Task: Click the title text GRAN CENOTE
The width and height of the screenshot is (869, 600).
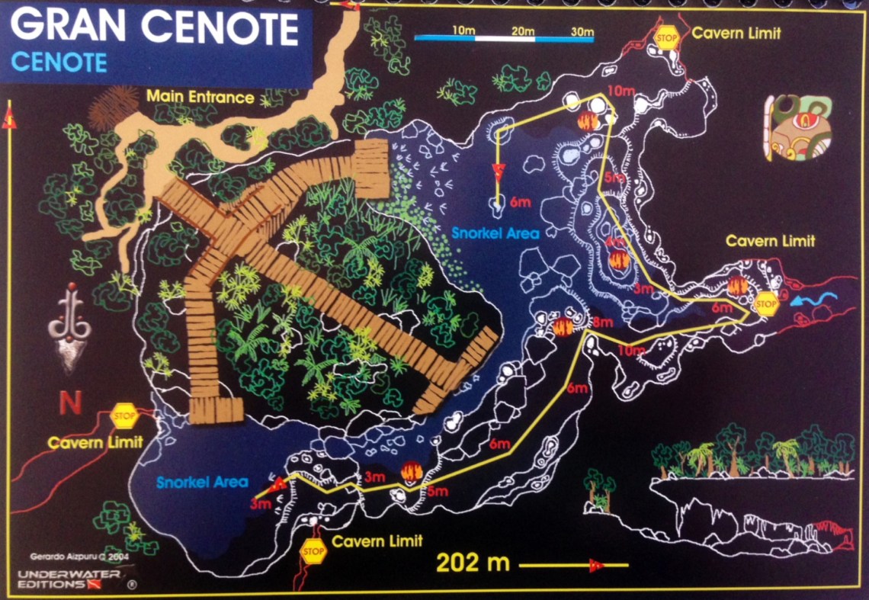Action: tap(154, 29)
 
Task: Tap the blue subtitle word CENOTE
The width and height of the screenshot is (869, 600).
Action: tap(59, 63)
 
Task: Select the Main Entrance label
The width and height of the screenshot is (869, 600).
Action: tap(200, 97)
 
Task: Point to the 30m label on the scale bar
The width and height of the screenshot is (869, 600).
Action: tap(582, 30)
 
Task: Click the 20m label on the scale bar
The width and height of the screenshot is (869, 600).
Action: tap(523, 30)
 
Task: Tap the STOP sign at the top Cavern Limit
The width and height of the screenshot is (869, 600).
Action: tap(668, 36)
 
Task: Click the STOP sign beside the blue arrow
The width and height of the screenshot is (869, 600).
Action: tap(766, 303)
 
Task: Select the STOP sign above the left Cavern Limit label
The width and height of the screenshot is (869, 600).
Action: tap(123, 416)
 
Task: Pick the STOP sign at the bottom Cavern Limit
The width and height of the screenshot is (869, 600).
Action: tap(313, 550)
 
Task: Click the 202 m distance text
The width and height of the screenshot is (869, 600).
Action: tap(473, 563)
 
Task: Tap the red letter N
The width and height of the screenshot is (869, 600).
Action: tap(70, 403)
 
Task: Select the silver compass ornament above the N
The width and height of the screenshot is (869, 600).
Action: tap(70, 328)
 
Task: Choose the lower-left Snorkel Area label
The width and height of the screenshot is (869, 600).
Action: tap(202, 481)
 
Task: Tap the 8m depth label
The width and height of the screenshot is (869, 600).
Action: tap(602, 322)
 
